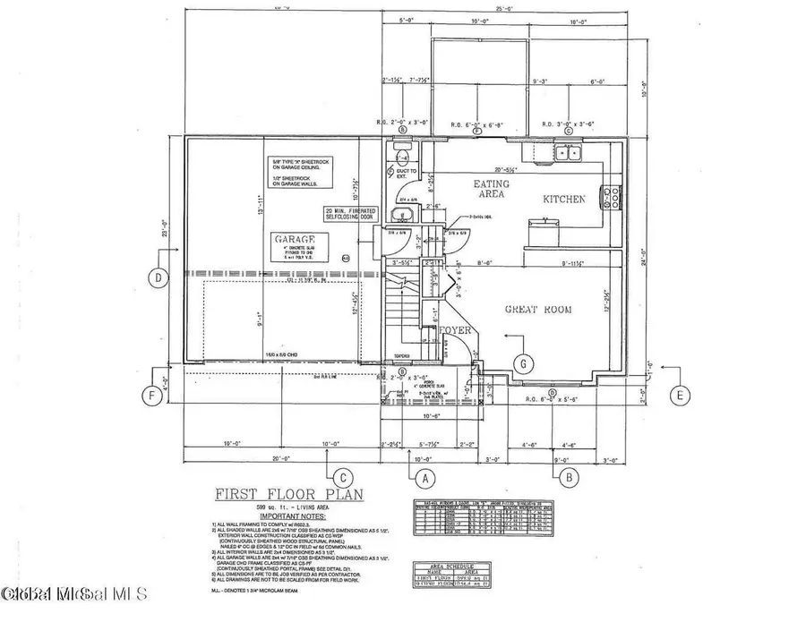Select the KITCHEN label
point(563,199)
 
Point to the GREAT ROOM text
point(537,310)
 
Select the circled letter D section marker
point(158,278)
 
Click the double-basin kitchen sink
point(566,154)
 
